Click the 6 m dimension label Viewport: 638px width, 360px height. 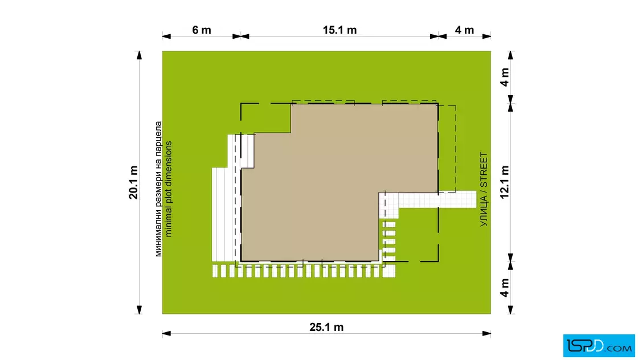pos(202,30)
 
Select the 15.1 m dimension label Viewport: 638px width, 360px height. pos(340,30)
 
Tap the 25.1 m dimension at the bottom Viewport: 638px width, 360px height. pos(326,327)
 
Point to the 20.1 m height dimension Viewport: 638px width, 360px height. pos(133,182)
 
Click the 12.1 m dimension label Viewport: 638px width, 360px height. pos(505,182)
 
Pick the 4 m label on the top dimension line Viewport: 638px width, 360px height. pos(464,30)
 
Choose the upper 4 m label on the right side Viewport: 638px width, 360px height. pos(505,77)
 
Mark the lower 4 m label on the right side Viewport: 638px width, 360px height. pos(505,288)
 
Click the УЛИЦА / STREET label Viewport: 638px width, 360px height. pos(484,189)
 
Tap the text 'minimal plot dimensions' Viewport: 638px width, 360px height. pos(169,189)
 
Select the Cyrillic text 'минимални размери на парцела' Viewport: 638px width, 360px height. pos(158,189)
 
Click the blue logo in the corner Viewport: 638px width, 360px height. pos(599,346)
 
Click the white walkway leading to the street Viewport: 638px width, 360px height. pos(437,200)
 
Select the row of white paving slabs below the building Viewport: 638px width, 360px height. pos(304,271)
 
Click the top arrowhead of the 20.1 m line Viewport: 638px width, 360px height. pos(139,55)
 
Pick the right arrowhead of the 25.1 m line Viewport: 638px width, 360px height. pos(486,334)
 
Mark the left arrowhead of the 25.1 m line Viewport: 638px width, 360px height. pos(167,334)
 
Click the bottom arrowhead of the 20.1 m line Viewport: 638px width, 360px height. pos(139,309)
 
